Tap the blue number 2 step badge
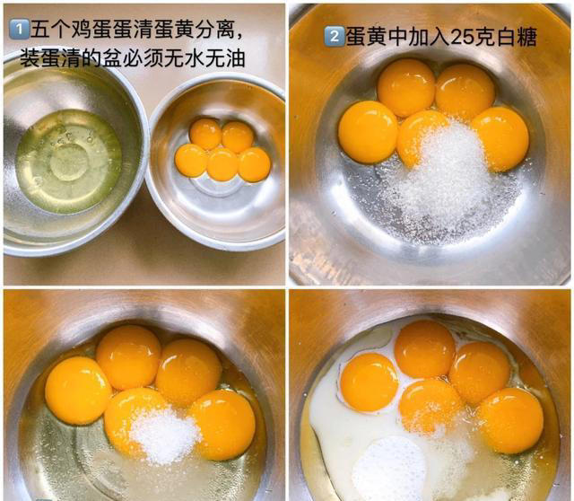tap(333, 37)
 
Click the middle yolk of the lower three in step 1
tap(222, 164)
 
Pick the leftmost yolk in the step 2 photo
tap(368, 132)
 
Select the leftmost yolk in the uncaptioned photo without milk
tap(77, 390)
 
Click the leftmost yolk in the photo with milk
tap(369, 382)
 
